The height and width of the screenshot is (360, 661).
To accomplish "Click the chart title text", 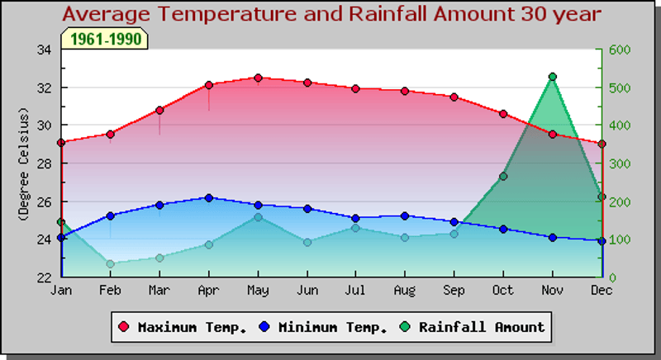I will (331, 14).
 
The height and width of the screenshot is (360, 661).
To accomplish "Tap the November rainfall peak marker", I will (553, 77).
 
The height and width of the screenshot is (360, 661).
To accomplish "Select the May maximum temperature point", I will (258, 78).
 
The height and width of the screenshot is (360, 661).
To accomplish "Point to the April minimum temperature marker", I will (209, 198).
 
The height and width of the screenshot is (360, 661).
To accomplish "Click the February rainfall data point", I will (110, 264).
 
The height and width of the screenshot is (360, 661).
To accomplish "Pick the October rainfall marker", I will (503, 177).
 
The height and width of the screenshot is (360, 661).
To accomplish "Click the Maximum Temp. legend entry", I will (183, 327).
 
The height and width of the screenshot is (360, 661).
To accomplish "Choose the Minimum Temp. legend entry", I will (324, 327).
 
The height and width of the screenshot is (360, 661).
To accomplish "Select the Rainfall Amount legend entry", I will (473, 327).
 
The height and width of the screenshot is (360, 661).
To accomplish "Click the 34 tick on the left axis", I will (44, 50).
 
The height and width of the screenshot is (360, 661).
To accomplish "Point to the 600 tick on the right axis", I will (621, 50).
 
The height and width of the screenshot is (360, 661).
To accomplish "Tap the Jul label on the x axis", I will (355, 291).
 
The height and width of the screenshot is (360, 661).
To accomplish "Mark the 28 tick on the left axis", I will (44, 163).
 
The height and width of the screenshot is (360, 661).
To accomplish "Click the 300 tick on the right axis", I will (621, 163).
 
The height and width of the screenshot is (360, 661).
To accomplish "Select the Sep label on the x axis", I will (454, 291).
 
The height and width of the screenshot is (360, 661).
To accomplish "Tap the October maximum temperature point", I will (503, 114).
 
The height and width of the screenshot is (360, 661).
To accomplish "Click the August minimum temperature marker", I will (405, 216).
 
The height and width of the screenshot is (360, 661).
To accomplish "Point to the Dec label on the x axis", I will (602, 291).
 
